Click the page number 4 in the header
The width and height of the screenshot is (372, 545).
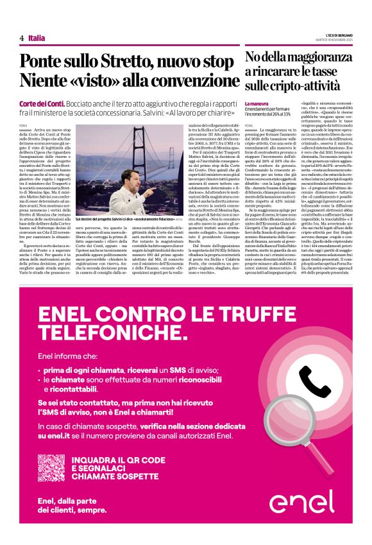point(21,39)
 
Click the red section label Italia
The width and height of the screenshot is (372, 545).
point(37,39)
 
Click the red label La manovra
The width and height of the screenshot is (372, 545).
point(257,103)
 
